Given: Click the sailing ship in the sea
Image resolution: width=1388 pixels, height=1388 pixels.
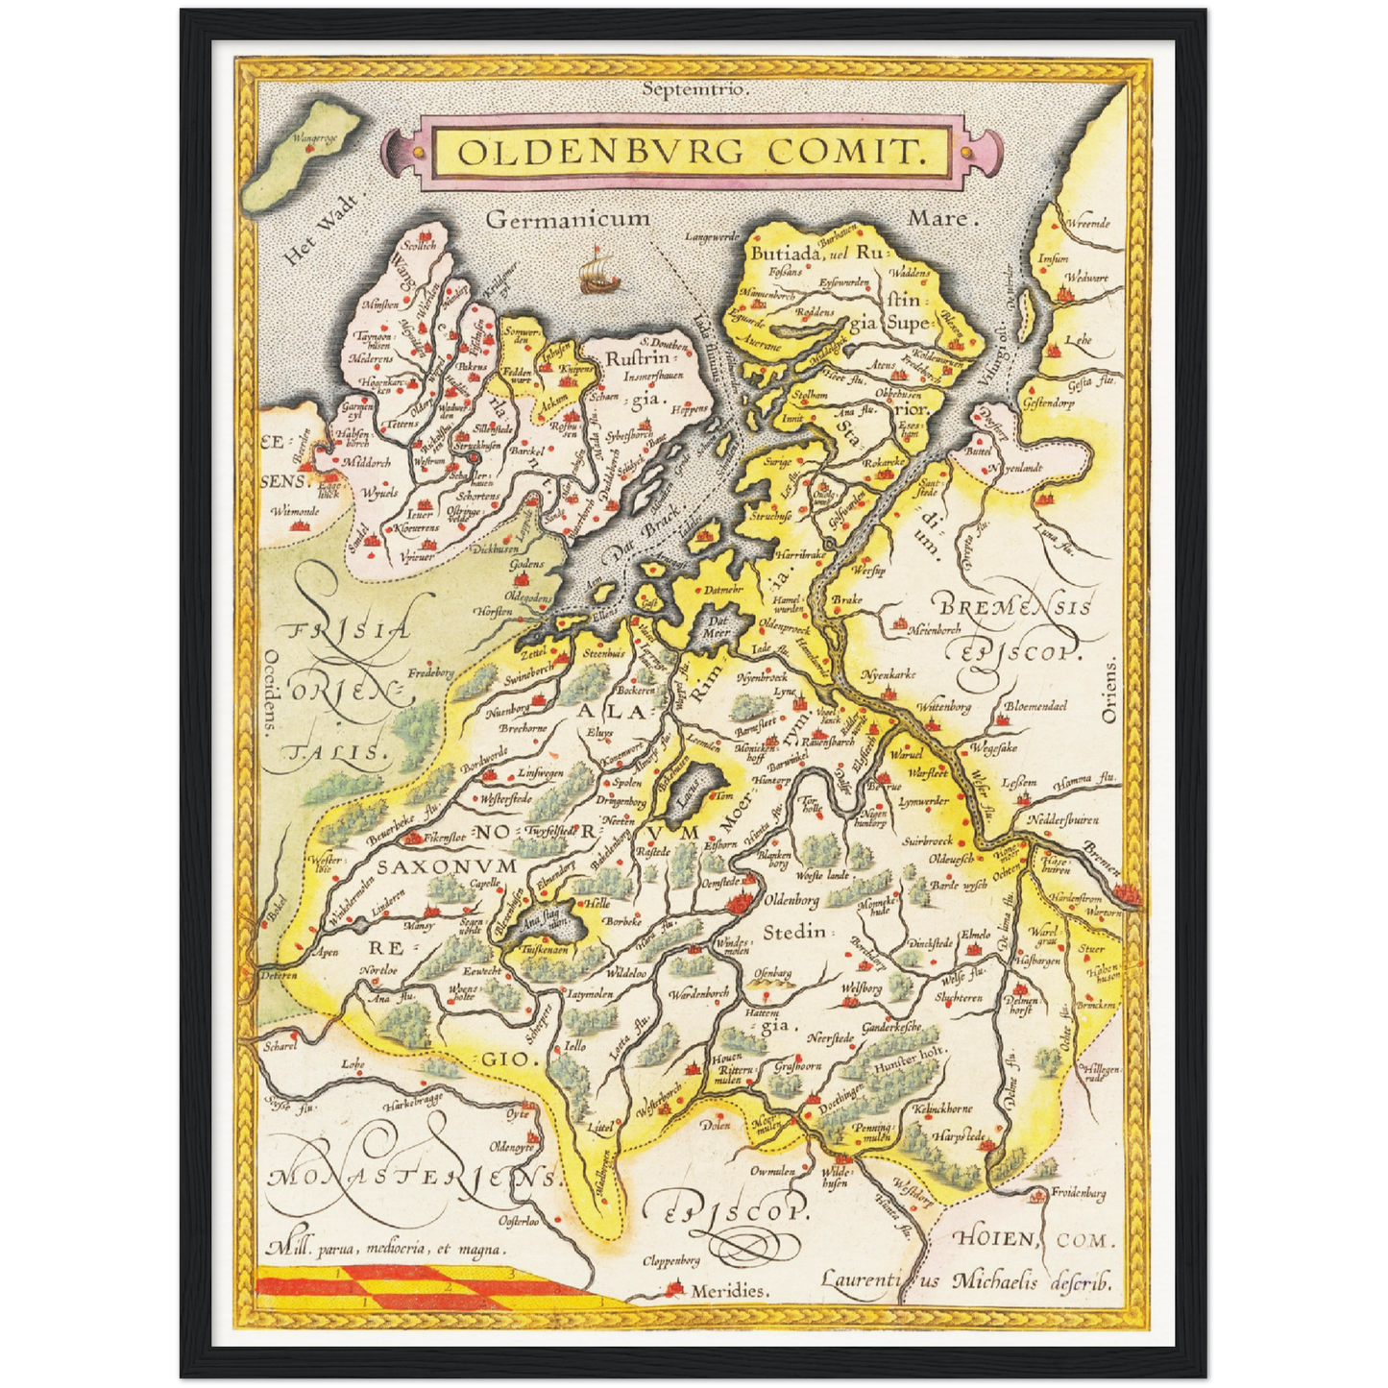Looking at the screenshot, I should point(595,270).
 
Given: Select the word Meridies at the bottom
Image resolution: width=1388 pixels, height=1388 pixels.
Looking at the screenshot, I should point(730,1291).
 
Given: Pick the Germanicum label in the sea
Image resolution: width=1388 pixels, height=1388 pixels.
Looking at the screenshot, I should point(568,220).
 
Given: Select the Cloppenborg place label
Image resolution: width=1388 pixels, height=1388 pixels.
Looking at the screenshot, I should point(671,1260).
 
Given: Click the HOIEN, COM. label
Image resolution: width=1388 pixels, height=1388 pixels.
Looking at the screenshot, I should point(1035,1239).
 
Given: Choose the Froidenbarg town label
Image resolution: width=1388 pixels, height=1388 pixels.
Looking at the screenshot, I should point(1078,1194).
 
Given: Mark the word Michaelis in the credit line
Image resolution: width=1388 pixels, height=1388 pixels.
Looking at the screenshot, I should point(995,1280).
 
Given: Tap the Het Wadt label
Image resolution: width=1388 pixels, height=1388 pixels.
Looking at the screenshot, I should point(321,230).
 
